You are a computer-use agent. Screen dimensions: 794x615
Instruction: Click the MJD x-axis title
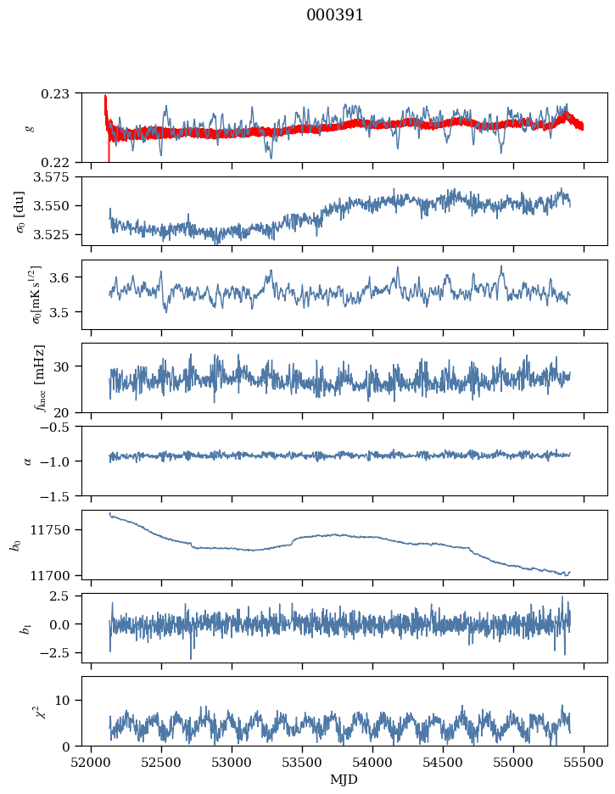click(x=344, y=779)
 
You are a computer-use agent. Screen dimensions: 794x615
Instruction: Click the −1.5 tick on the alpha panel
click(x=61, y=495)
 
